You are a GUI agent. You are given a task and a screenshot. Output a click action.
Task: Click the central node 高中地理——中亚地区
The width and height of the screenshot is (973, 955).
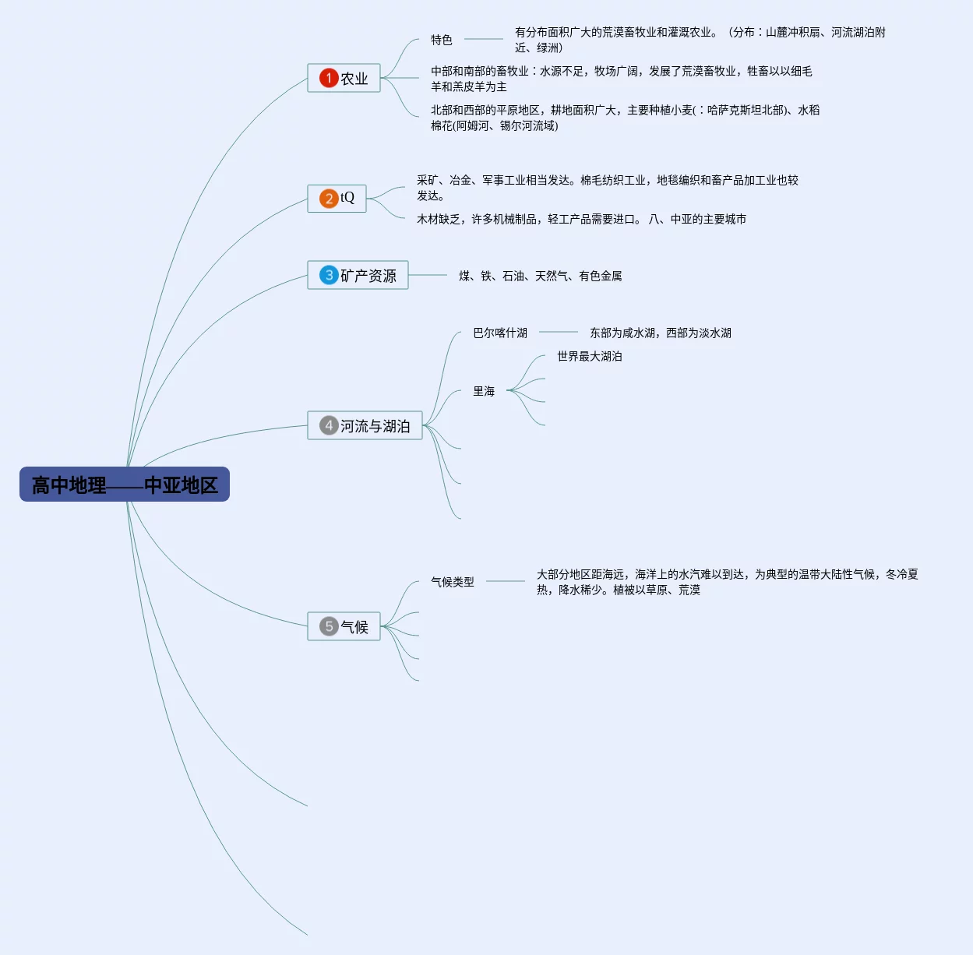click(x=125, y=485)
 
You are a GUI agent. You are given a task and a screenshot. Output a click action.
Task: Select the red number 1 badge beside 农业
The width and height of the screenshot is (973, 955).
click(x=329, y=78)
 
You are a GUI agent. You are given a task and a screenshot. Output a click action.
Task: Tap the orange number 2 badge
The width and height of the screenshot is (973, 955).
click(x=329, y=199)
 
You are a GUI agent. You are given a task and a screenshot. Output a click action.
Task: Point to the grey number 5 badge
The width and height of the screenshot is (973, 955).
click(x=329, y=626)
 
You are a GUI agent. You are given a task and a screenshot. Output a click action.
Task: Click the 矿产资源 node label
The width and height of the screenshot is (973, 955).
click(x=368, y=276)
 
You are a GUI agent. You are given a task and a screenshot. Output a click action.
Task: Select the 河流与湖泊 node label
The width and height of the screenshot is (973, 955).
click(x=375, y=426)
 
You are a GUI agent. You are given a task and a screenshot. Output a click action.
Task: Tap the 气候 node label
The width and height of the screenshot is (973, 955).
click(x=354, y=627)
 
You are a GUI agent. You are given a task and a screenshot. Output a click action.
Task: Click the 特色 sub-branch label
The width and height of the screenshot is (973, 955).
click(x=442, y=40)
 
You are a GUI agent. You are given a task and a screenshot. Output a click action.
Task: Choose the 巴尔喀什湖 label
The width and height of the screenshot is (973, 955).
click(x=500, y=333)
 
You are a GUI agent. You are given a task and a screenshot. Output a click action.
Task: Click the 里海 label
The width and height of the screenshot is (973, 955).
click(x=484, y=391)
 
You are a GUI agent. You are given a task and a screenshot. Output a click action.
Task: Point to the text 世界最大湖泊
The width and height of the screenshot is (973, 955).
click(x=590, y=356)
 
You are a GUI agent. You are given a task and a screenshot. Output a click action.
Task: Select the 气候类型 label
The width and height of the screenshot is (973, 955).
click(x=453, y=582)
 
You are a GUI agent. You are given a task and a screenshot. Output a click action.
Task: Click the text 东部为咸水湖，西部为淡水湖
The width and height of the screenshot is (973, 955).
click(x=661, y=333)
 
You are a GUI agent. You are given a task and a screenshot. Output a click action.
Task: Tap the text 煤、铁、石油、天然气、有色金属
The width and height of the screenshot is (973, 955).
click(x=541, y=276)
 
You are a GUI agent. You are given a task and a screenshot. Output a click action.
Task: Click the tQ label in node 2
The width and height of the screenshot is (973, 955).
click(x=347, y=198)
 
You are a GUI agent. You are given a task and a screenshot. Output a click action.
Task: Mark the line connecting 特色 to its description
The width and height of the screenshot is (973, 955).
click(x=483, y=39)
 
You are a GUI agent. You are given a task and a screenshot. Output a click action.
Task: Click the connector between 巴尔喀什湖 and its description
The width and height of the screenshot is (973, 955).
click(x=558, y=333)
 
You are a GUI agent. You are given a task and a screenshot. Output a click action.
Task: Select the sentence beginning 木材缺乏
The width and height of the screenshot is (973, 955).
click(x=527, y=219)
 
